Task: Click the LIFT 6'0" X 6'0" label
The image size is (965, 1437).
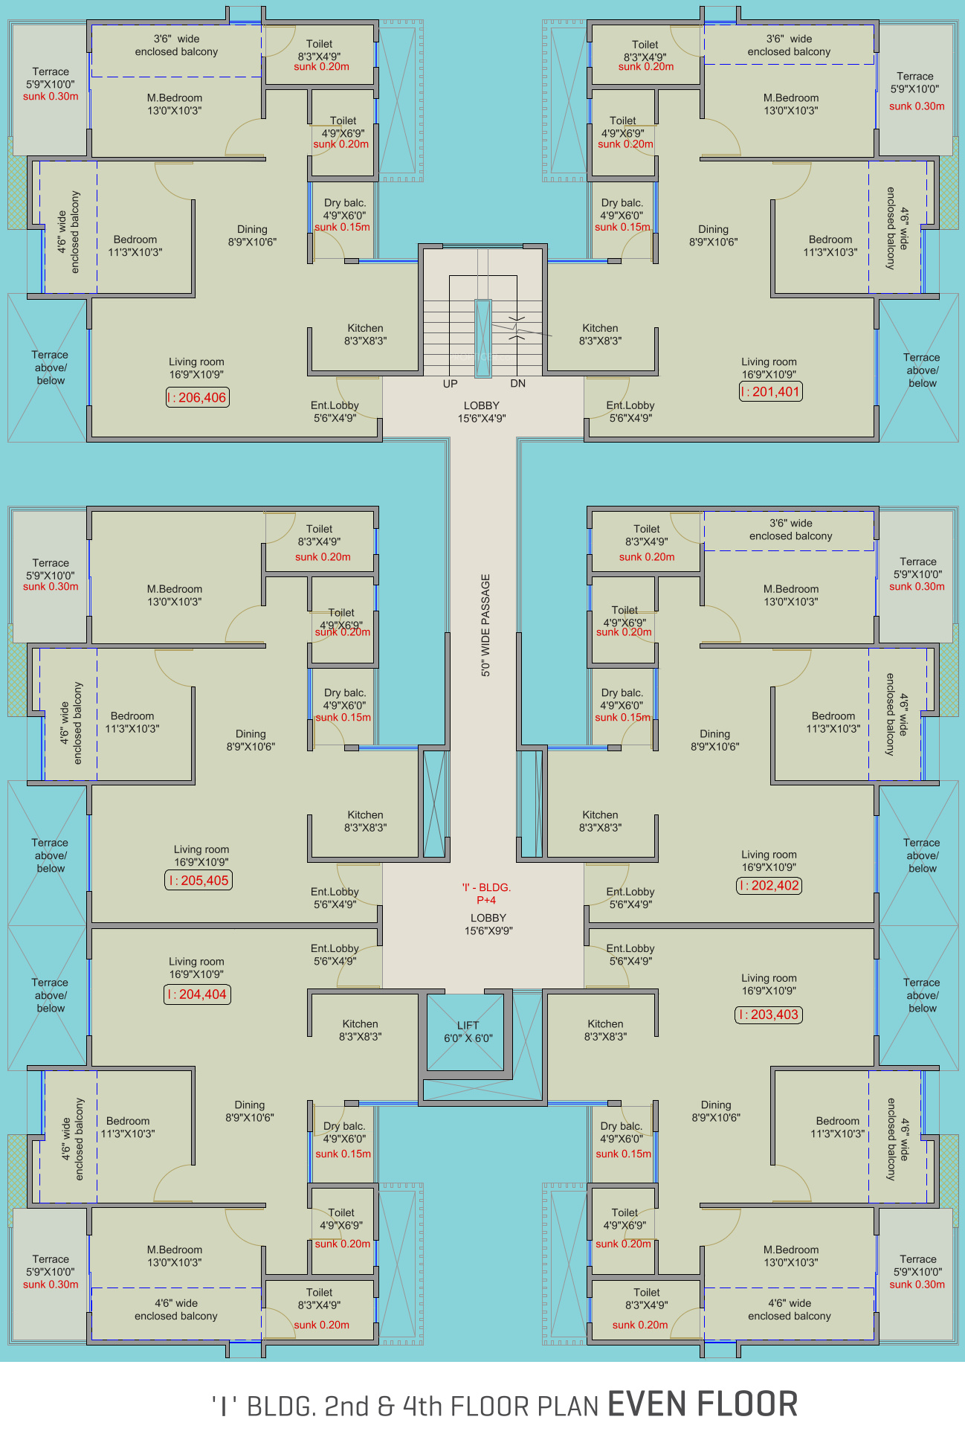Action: [x=468, y=1032]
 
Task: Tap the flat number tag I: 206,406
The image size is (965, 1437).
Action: [x=197, y=397]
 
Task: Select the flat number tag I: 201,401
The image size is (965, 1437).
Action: [x=771, y=391]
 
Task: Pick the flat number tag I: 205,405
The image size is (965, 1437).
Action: [x=199, y=881]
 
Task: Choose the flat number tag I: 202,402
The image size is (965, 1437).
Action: [x=769, y=885]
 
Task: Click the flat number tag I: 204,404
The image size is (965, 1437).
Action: [x=197, y=994]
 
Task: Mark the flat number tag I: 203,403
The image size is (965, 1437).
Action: [x=769, y=1015]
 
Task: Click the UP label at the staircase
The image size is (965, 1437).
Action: [x=450, y=384]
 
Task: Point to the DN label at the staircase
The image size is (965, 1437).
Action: [x=517, y=384]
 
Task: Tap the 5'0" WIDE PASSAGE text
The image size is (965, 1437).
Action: [x=485, y=625]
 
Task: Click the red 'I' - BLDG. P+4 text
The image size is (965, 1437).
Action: [x=486, y=893]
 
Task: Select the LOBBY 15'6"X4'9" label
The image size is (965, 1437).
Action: [x=482, y=411]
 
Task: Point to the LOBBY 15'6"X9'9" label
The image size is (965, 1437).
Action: [x=488, y=924]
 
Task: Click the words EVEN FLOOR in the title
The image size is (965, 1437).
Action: [x=703, y=1404]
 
